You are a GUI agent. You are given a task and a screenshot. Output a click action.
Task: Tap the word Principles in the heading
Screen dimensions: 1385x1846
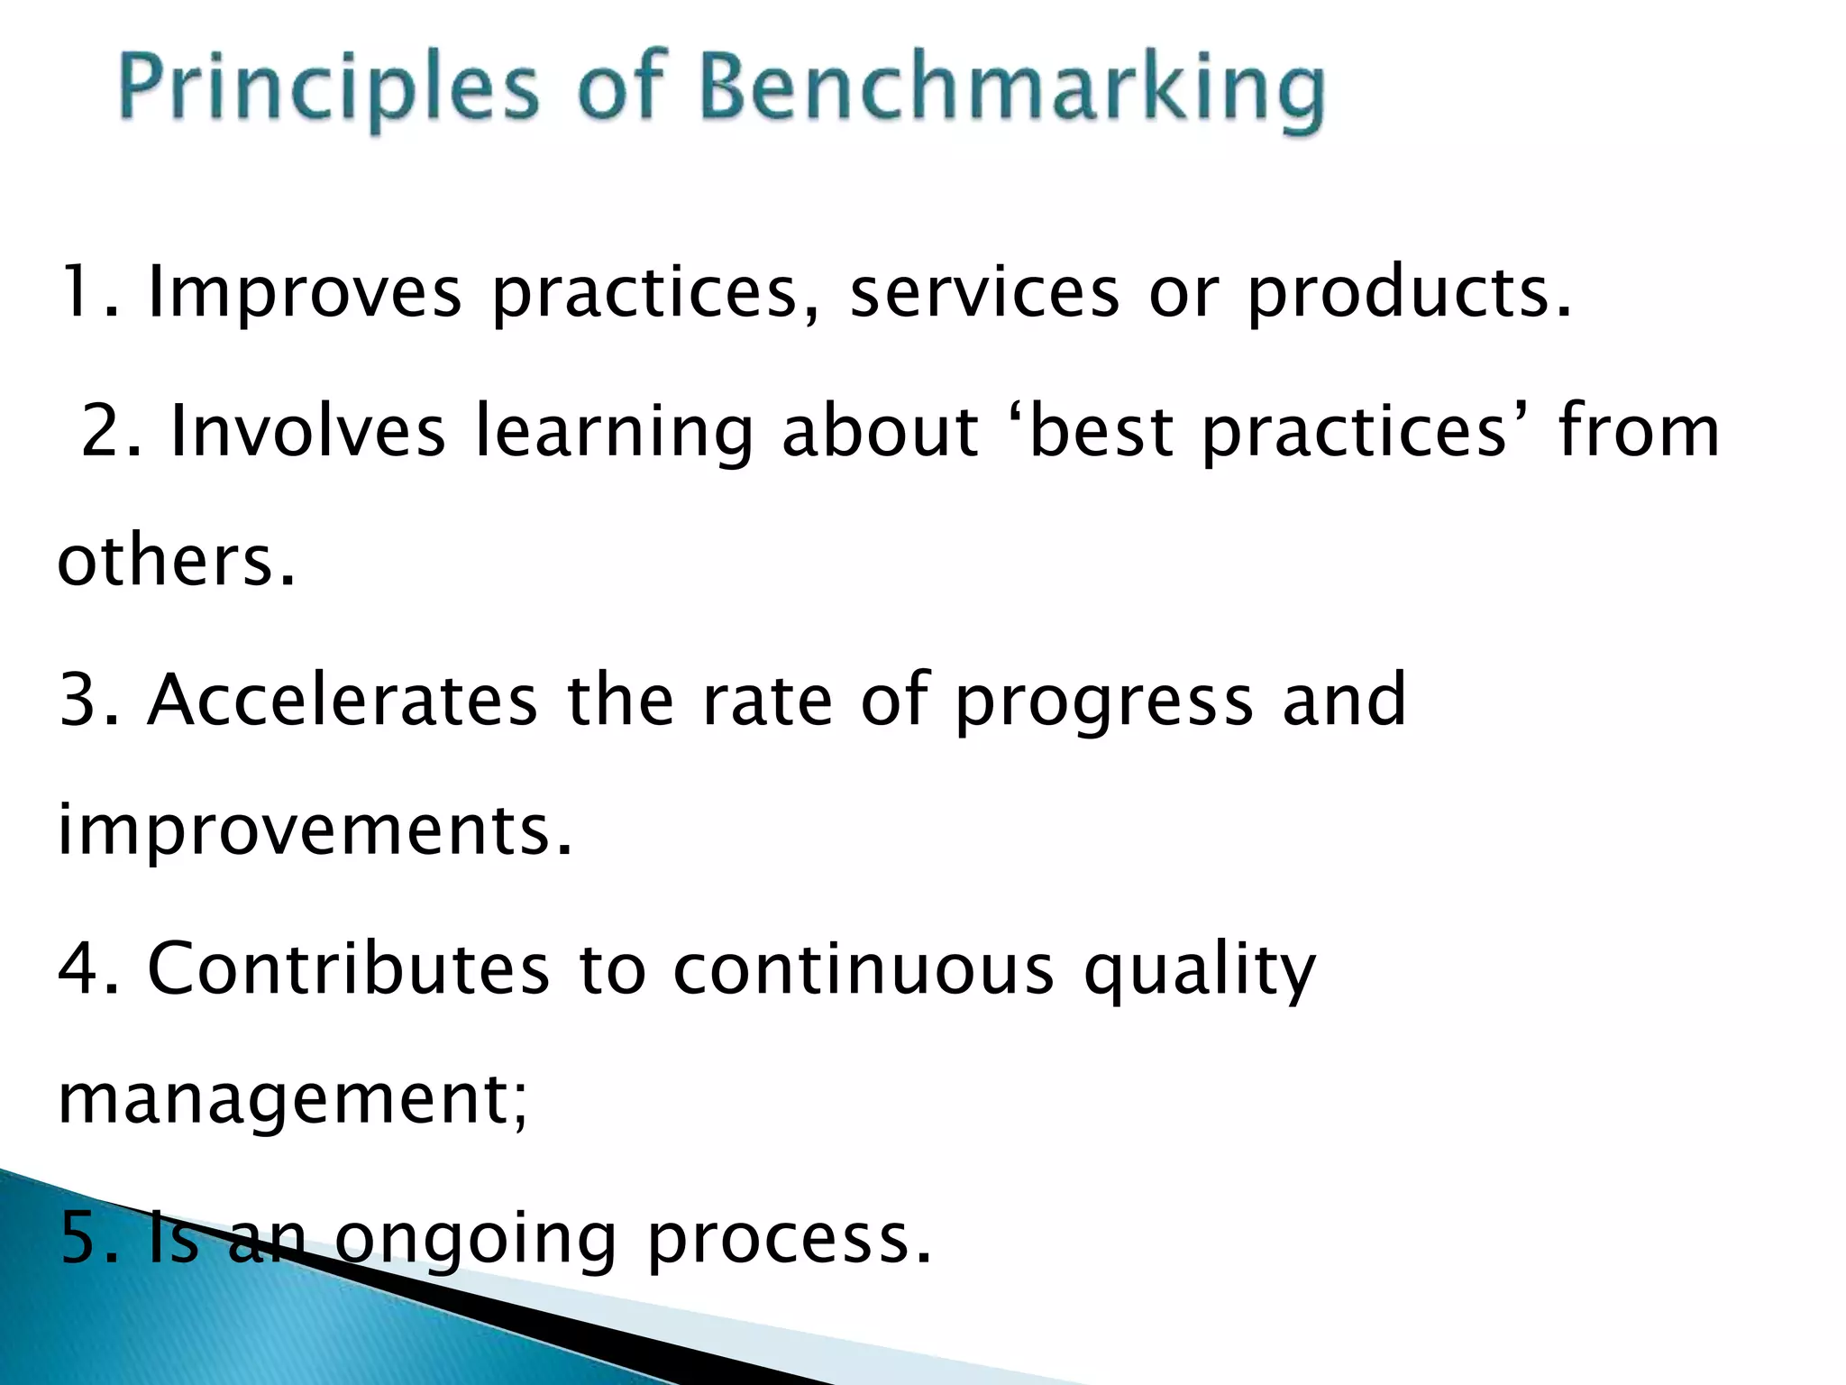(x=329, y=90)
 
